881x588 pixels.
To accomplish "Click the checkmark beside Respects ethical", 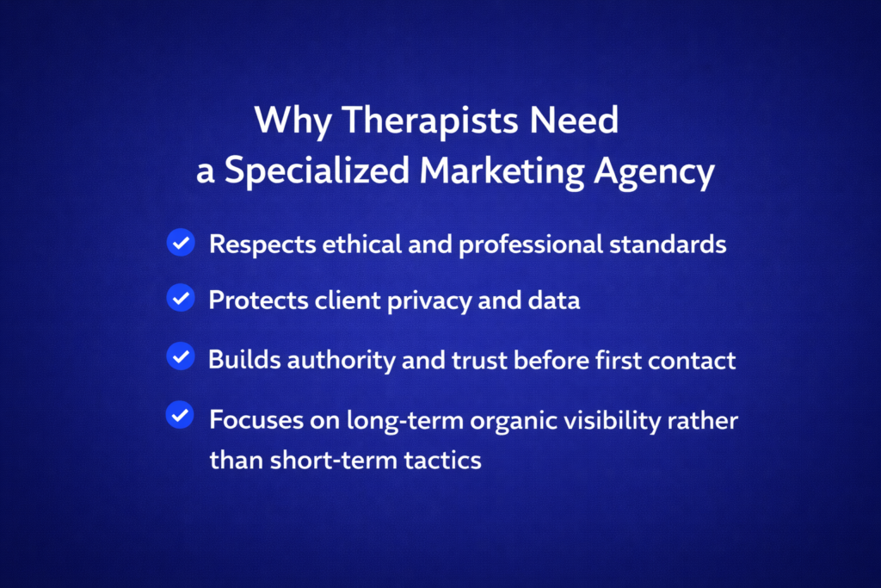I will coord(180,244).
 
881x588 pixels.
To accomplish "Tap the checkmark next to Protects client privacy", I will coord(180,300).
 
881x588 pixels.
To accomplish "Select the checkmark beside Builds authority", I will coord(180,356).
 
